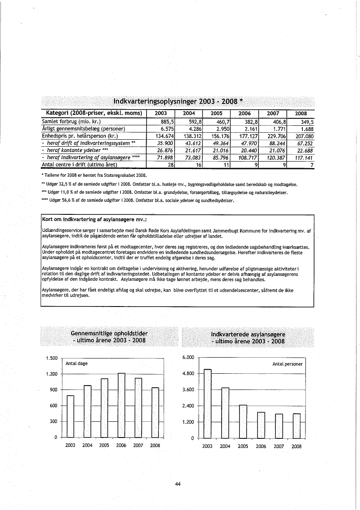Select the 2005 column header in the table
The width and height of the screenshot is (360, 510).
pyautogui.click(x=217, y=113)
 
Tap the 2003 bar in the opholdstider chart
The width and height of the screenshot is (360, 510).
pyautogui.click(x=70, y=416)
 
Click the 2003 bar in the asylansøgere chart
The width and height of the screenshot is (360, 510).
pyautogui.click(x=208, y=403)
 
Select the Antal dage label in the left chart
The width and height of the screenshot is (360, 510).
pyautogui.click(x=76, y=364)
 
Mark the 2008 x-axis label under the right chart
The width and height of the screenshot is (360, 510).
pyautogui.click(x=296, y=447)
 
